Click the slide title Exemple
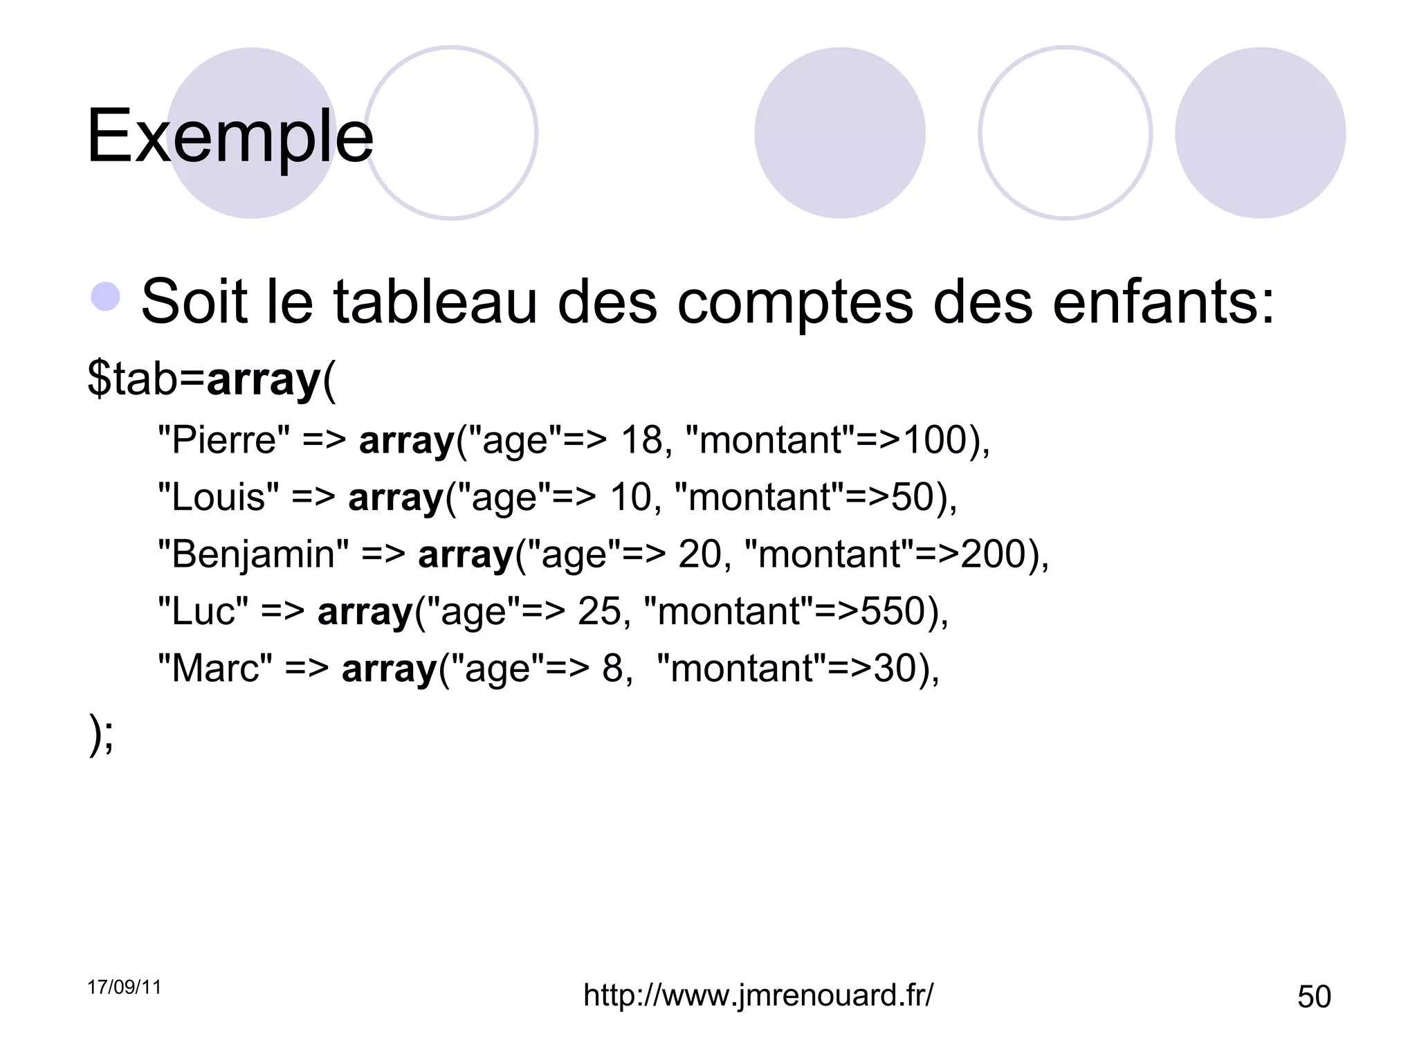click(x=230, y=136)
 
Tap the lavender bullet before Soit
click(x=105, y=297)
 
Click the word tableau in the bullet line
click(x=435, y=302)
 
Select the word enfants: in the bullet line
click(x=1163, y=302)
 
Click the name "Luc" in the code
click(x=203, y=612)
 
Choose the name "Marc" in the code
click(x=215, y=669)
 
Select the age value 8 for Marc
click(x=613, y=669)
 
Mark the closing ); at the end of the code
click(x=101, y=734)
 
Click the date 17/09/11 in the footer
click(x=125, y=987)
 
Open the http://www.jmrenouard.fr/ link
click(x=758, y=995)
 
